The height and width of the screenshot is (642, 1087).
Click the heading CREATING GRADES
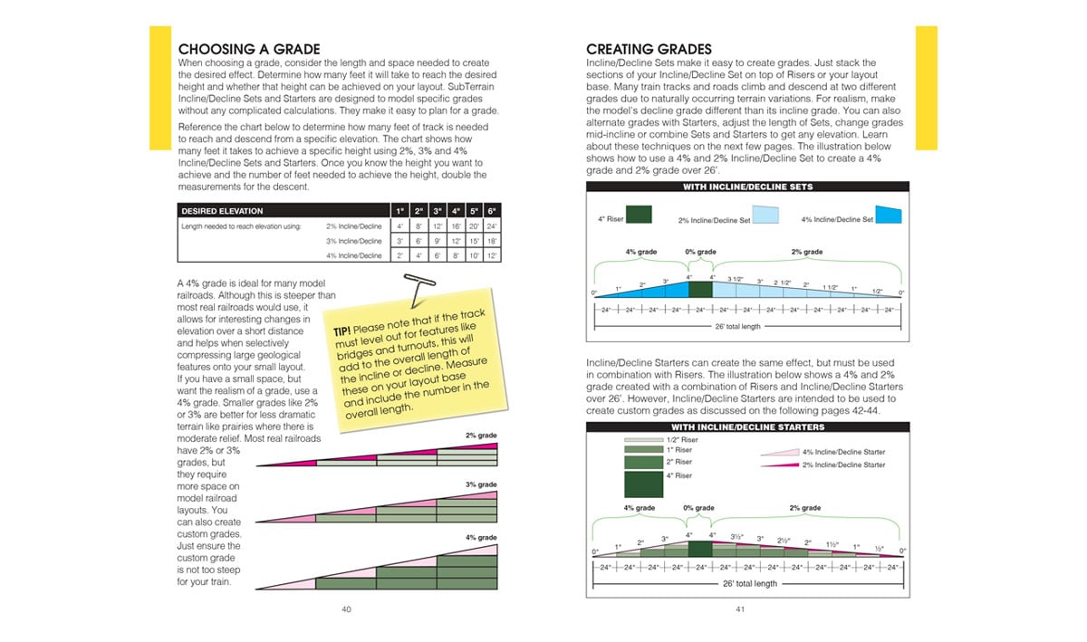click(649, 49)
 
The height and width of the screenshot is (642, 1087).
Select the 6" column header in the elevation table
click(492, 211)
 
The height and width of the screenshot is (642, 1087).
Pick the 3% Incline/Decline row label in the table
click(354, 241)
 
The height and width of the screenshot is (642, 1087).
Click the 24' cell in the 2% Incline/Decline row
click(492, 226)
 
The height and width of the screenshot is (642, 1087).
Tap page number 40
click(346, 608)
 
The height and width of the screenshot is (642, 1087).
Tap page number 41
click(740, 608)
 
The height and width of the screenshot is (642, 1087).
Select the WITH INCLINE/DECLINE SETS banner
click(747, 187)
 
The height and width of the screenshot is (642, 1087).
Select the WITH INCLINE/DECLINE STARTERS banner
click(747, 426)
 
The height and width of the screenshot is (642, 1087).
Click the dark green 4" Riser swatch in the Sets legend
click(638, 216)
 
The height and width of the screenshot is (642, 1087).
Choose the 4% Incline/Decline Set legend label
click(837, 219)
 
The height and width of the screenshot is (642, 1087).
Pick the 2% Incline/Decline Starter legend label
click(843, 465)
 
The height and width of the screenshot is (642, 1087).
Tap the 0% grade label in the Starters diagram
click(699, 508)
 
